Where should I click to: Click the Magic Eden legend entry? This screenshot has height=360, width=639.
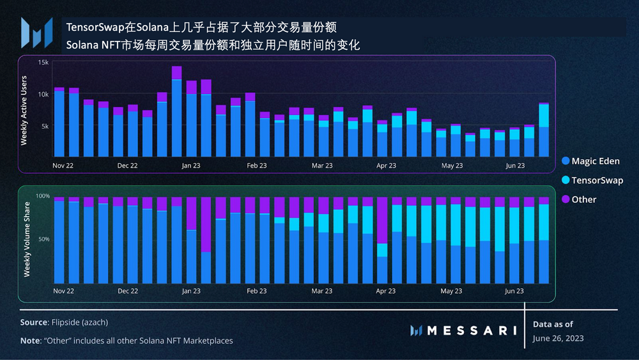[590, 161]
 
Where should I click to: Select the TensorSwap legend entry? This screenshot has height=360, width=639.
[592, 180]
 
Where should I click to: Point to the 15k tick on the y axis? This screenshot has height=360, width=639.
[43, 63]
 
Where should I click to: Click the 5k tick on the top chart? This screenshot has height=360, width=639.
[45, 126]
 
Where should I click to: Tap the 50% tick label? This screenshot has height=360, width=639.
[43, 239]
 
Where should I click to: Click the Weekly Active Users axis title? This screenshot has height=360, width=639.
[24, 110]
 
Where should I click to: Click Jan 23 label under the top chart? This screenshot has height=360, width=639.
[190, 166]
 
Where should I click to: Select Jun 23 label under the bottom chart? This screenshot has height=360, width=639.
[515, 291]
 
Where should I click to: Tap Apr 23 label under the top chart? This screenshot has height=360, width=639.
[385, 166]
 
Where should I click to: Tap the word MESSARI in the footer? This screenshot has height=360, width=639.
[471, 331]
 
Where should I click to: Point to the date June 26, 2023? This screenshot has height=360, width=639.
[558, 338]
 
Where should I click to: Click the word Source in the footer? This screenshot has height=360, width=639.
[34, 323]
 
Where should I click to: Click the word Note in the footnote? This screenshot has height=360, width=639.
[30, 341]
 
